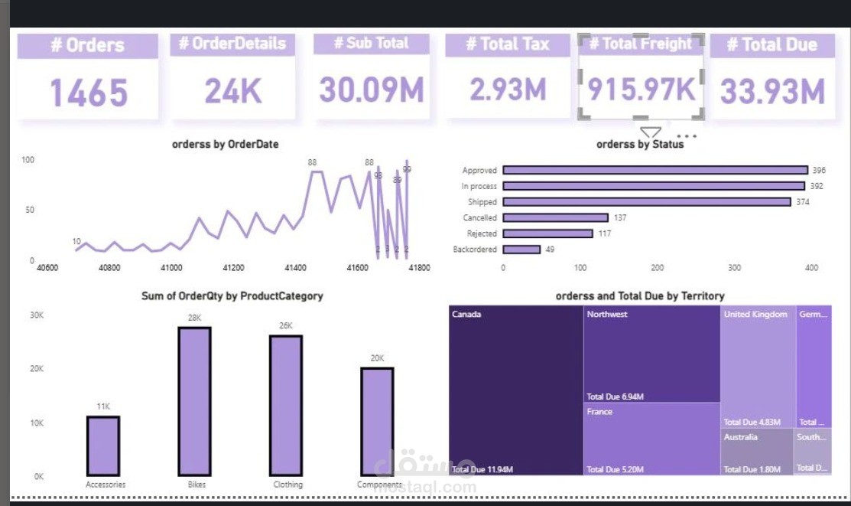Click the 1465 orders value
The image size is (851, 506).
(89, 93)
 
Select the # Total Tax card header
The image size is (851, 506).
(507, 44)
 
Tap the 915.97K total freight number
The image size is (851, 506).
(641, 90)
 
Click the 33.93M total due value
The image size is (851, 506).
(772, 92)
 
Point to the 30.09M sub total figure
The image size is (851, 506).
(372, 90)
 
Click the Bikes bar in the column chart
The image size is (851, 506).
(194, 401)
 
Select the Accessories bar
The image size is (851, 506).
(103, 446)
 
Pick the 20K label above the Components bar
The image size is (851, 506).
(378, 358)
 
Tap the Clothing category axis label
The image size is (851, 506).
(287, 485)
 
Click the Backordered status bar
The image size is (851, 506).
(521, 250)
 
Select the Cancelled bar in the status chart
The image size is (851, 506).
(555, 218)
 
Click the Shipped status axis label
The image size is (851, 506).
(482, 202)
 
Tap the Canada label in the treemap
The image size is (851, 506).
(466, 315)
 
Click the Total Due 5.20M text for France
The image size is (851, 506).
(615, 469)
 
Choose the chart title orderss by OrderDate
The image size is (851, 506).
(225, 144)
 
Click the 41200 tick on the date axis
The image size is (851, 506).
(233, 269)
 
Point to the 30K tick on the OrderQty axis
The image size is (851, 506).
(37, 315)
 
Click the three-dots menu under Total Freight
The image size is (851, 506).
(687, 136)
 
